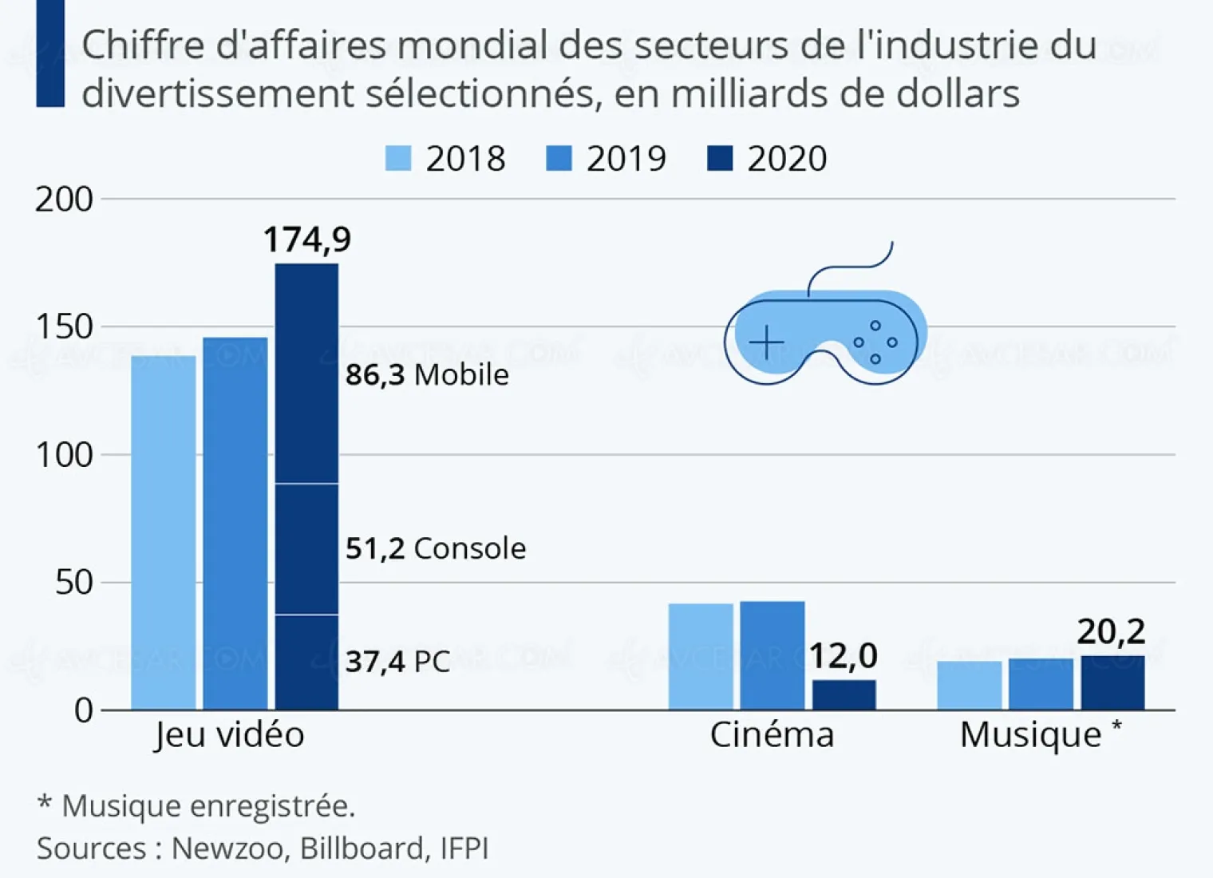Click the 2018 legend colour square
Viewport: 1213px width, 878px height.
pyautogui.click(x=398, y=158)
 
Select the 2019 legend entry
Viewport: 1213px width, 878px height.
pyautogui.click(x=606, y=158)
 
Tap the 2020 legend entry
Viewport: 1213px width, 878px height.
pyautogui.click(x=767, y=158)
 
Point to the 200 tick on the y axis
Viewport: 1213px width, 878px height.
pyautogui.click(x=64, y=200)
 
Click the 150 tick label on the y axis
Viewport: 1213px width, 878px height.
pyautogui.click(x=64, y=327)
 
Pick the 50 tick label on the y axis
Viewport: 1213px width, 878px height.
pyautogui.click(x=73, y=583)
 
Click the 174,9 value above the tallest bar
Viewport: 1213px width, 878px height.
pyautogui.click(x=307, y=239)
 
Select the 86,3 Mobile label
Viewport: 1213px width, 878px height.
pyautogui.click(x=427, y=374)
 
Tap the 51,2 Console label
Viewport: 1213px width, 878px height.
pyautogui.click(x=436, y=548)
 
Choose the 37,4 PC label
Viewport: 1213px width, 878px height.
pyautogui.click(x=397, y=662)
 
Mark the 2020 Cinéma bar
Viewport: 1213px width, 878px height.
pyautogui.click(x=844, y=694)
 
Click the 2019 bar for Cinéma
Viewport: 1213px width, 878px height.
pyautogui.click(x=772, y=655)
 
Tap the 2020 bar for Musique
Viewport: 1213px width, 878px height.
pyautogui.click(x=1112, y=683)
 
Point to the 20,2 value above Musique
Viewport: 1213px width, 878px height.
pyautogui.click(x=1111, y=631)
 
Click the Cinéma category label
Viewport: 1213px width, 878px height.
pyautogui.click(x=772, y=734)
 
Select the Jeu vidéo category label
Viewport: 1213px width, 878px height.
pyautogui.click(x=230, y=734)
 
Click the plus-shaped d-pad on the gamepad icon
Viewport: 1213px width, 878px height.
pyautogui.click(x=767, y=343)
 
